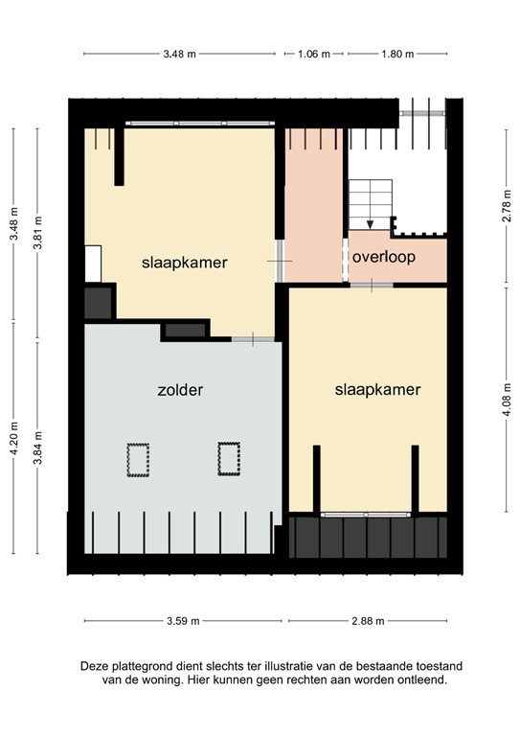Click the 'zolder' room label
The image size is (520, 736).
click(182, 390)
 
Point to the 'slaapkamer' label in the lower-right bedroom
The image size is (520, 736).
click(378, 390)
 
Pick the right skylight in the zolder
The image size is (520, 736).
click(229, 457)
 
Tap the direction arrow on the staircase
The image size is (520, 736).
click(370, 222)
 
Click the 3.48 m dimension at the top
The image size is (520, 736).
click(179, 55)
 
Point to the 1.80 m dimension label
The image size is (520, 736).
click(397, 55)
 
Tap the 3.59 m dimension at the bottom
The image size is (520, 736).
click(182, 621)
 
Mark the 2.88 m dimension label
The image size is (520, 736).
click(367, 621)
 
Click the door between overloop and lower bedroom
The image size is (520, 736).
click(371, 286)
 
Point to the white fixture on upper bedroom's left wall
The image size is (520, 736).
click(93, 263)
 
